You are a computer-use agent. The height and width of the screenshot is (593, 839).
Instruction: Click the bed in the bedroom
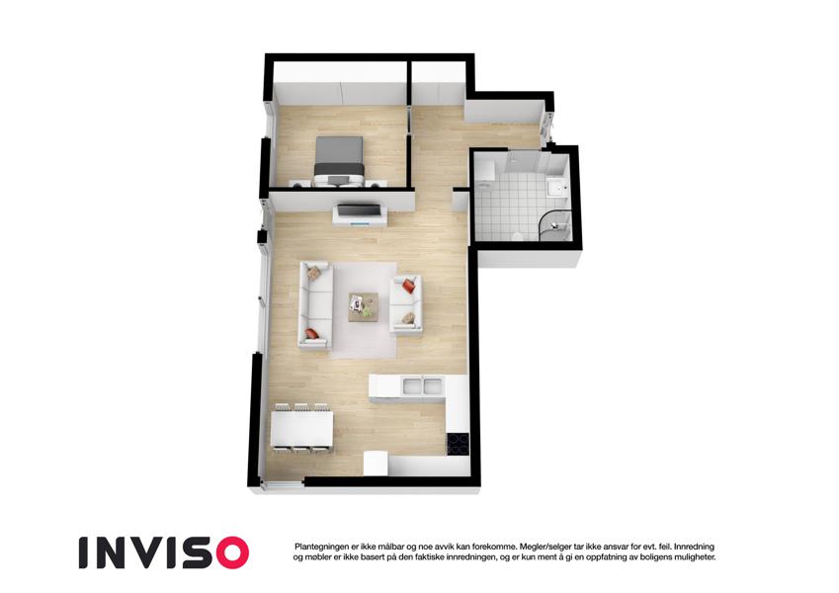point(339,161)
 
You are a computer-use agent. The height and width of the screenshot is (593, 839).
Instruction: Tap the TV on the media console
point(359,210)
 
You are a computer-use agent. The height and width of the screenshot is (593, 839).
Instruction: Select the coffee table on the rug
point(364,306)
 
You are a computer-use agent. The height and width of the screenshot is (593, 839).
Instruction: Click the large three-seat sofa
point(315,305)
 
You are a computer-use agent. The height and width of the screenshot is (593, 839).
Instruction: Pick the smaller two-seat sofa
point(405,302)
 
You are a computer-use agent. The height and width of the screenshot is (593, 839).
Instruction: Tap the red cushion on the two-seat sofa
point(409,286)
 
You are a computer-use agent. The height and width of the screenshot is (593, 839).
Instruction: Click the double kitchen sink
point(422,384)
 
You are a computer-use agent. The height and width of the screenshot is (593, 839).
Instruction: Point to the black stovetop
point(458,443)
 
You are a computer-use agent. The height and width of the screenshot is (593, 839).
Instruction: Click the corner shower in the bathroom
point(553,226)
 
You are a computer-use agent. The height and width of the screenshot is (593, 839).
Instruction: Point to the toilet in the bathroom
point(517,235)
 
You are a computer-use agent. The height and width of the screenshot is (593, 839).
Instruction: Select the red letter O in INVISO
point(229,552)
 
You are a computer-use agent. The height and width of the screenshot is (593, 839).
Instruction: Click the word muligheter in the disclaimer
point(694,557)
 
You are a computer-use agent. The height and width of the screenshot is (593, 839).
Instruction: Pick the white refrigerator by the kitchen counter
point(376,463)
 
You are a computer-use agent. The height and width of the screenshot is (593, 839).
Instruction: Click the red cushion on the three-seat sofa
point(312,334)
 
